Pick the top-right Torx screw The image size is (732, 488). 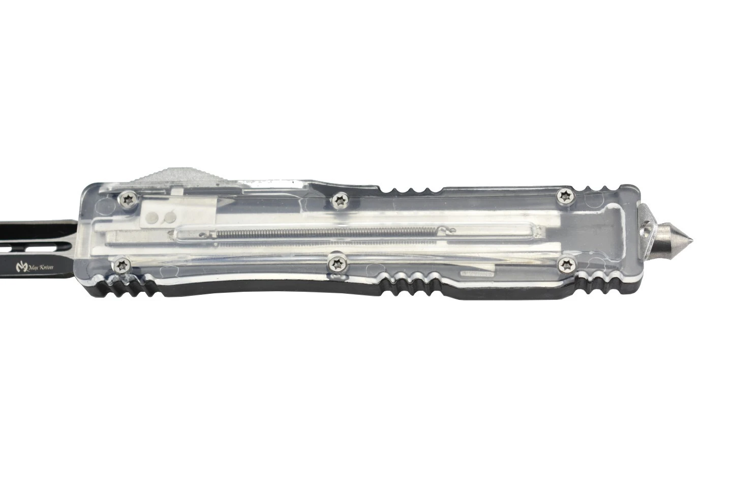[x=565, y=196]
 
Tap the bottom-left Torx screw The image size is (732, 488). [x=123, y=265]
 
